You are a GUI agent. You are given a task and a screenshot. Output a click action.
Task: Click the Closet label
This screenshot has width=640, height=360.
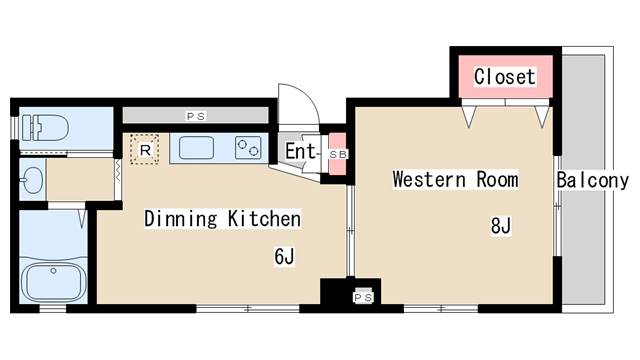pos(504,77)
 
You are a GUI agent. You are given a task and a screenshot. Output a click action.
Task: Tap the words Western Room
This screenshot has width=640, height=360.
pos(456,179)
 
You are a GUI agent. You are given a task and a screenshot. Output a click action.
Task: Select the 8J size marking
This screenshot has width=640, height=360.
pos(500,225)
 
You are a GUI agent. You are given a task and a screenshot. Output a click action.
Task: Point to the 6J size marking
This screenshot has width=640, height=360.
pos(284,256)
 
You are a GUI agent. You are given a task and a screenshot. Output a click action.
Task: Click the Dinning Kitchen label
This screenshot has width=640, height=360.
pos(222,218)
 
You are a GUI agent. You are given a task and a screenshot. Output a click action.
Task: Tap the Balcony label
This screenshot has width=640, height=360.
pos(593,180)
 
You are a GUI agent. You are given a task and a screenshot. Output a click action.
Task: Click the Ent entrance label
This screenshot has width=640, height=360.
pos(300,151)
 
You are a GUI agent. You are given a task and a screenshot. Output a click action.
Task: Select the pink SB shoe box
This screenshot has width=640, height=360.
pos(338,154)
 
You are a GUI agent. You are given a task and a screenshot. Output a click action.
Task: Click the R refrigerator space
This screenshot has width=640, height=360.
pos(144,150)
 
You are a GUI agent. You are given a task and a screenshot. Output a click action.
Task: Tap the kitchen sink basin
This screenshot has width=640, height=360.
pos(196,148)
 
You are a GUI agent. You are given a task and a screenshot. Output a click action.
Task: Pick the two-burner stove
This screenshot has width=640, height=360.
pos(248,148)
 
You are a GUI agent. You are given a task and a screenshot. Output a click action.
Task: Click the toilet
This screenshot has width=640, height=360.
pos(45,128)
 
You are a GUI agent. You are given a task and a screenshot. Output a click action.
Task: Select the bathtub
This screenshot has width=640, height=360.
pos(53,282)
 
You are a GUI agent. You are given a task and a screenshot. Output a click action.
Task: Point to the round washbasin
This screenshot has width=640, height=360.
pos(33,180)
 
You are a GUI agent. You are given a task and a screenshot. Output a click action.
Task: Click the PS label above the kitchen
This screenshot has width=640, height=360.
pos(196,116)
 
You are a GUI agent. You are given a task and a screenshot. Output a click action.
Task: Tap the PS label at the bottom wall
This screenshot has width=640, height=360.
pos(363,298)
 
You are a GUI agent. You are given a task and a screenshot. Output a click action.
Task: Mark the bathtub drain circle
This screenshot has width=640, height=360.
pos(53,271)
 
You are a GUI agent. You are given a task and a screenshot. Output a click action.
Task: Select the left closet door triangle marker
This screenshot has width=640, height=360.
pos(469,116)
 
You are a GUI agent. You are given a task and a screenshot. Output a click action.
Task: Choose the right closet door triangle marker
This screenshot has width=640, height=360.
pos(542,116)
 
